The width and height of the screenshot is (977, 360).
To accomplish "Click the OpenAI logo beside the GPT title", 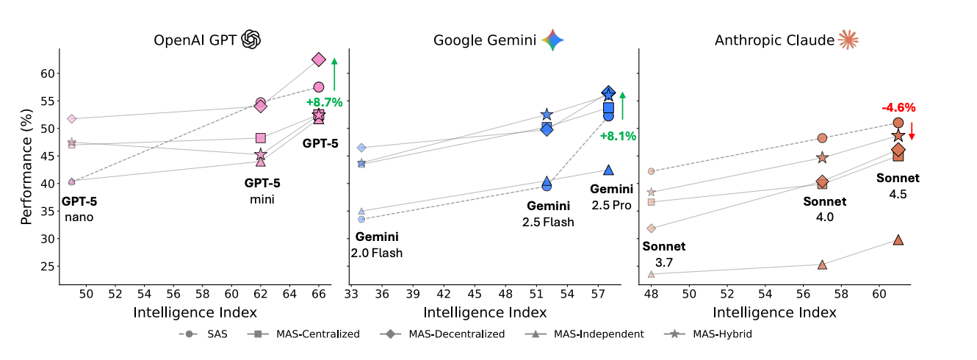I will coord(251,40).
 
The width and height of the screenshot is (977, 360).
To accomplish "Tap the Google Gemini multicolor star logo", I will coord(552,40).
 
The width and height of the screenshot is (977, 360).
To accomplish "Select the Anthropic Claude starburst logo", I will coord(848,40).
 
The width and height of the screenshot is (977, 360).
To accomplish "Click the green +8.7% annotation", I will coord(324,102).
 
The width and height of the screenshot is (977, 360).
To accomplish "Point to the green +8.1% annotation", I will coord(618,136).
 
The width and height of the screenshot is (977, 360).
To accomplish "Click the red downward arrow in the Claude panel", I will coord(912,131).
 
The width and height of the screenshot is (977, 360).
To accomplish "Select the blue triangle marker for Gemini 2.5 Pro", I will coord(608,170).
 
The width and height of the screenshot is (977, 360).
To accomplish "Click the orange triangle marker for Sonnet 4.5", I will coord(898,240).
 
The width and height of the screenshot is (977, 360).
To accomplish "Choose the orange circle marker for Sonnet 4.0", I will coord(822,138).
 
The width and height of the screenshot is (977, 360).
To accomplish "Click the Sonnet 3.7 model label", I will coord(663,254).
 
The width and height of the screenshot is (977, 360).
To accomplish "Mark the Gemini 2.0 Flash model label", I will coord(377,245).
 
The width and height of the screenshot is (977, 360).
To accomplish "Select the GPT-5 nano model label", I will coord(79,209).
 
